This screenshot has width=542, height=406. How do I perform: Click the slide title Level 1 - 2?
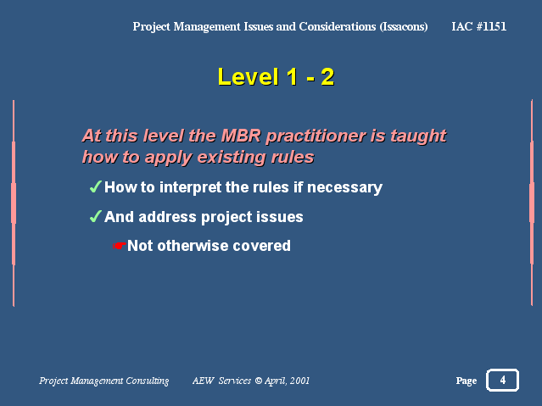click(276, 76)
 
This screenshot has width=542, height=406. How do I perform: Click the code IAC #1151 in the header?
click(478, 26)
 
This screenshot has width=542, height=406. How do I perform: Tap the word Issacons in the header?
click(404, 26)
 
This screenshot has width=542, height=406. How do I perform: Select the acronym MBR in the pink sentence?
click(241, 136)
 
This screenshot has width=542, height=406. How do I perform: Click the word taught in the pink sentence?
click(418, 136)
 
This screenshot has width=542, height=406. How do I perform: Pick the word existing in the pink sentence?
click(232, 157)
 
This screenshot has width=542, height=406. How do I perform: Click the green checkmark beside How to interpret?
click(95, 186)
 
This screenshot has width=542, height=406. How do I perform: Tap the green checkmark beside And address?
click(95, 216)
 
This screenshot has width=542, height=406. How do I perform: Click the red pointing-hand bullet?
click(120, 246)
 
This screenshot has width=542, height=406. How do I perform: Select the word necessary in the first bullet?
click(344, 187)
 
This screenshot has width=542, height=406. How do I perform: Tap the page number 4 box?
click(503, 380)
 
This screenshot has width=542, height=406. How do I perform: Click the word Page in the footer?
click(467, 381)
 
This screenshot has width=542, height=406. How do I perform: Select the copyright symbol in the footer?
click(258, 381)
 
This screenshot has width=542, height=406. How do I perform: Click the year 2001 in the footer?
click(299, 381)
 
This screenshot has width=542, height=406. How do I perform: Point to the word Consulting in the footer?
click(148, 381)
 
